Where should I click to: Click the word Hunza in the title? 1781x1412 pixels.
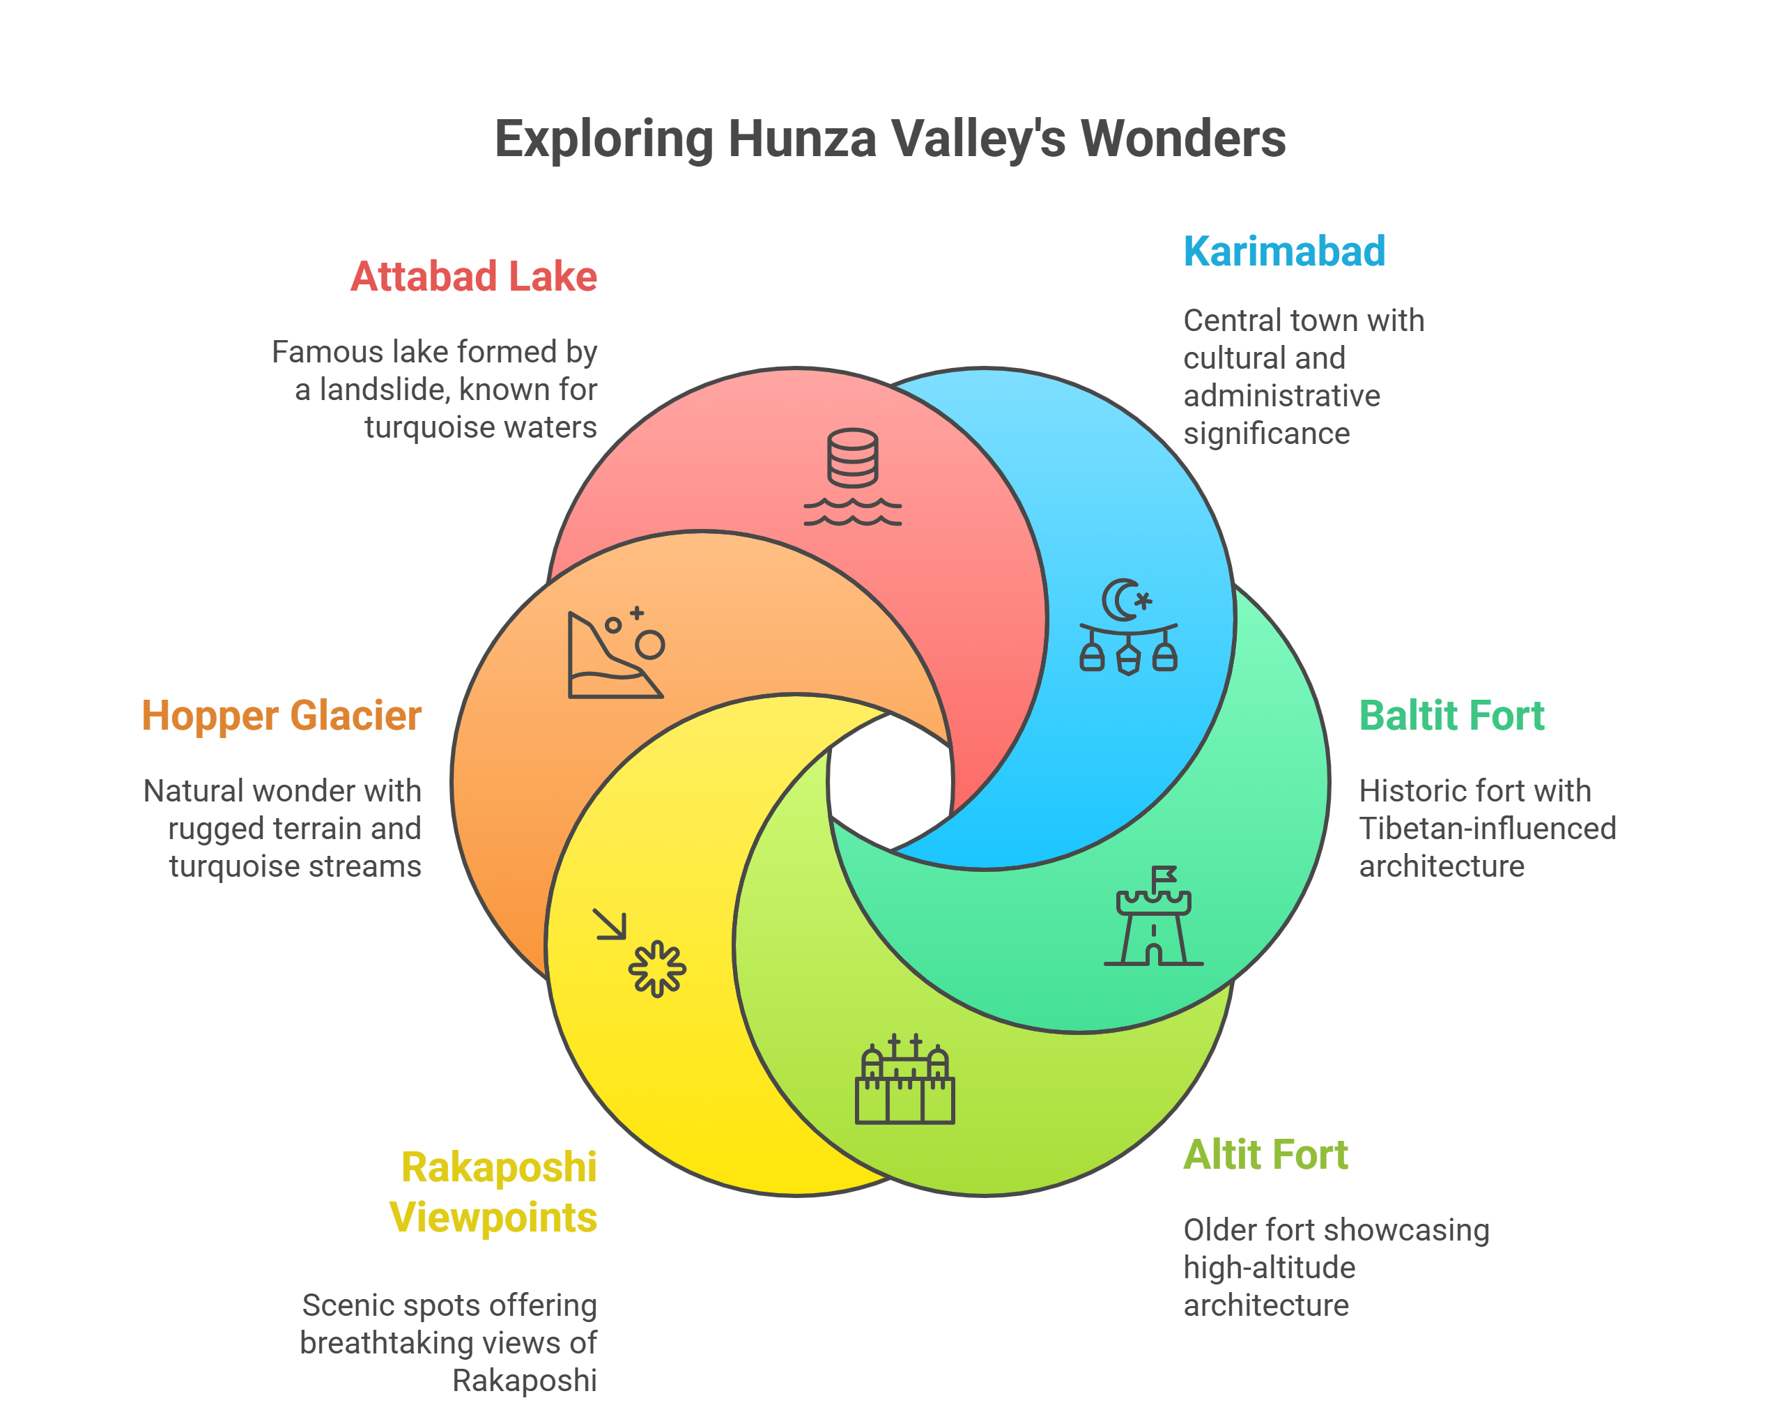point(801,139)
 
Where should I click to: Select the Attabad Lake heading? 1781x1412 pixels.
point(473,277)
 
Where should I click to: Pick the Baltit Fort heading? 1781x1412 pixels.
point(1451,716)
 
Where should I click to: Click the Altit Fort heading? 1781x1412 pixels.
point(1265,1154)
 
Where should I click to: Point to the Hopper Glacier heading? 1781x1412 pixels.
point(282,716)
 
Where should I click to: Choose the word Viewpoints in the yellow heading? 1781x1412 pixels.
point(493,1217)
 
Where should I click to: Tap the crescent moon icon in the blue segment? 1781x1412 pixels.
point(1122,600)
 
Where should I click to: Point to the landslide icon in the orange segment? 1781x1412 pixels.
point(615,654)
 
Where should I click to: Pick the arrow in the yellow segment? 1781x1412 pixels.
point(610,925)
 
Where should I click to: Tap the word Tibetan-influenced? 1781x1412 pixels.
point(1487,829)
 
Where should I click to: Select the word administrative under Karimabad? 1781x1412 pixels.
point(1281,396)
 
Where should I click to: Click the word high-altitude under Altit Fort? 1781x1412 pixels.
point(1269,1268)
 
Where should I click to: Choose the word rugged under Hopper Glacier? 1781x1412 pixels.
point(206,829)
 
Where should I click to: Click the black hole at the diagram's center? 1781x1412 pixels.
point(890,781)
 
